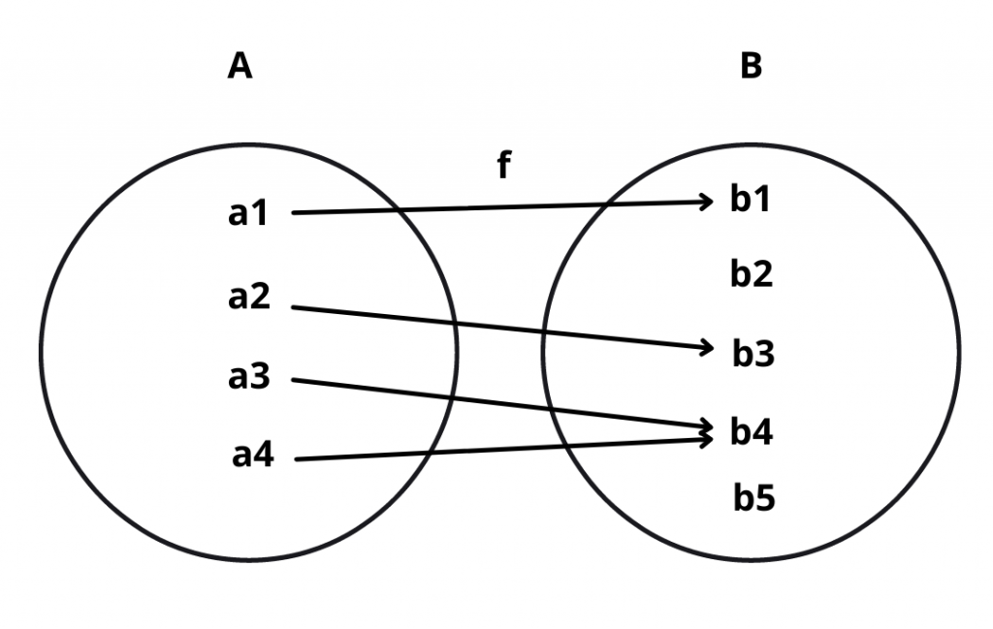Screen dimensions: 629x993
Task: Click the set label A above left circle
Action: [240, 67]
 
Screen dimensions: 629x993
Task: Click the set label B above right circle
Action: [751, 67]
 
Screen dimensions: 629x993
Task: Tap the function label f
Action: [503, 166]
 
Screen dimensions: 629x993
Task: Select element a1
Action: [248, 212]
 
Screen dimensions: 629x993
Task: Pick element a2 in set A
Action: [249, 298]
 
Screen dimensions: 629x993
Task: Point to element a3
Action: [249, 377]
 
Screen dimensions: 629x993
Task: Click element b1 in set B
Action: [751, 201]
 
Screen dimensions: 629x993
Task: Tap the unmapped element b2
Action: [752, 276]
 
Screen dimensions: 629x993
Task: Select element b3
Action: [753, 355]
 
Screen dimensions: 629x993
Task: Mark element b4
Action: [752, 432]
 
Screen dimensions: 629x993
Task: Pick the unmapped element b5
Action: [753, 500]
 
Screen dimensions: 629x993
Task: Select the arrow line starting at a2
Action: [485, 326]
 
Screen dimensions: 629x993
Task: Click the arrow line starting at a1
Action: [485, 207]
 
